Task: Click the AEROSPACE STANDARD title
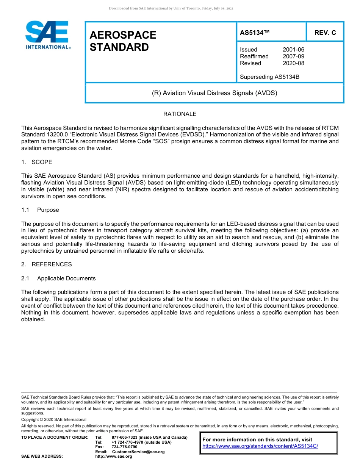coord(123,41)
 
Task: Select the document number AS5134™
coord(255,33)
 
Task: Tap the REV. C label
coord(325,33)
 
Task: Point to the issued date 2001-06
coord(293,50)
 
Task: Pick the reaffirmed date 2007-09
coord(293,56)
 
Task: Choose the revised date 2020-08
coord(293,63)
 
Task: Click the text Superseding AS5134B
coord(269,77)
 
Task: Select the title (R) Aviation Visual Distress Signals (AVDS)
coord(214,93)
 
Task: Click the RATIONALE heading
coord(180,114)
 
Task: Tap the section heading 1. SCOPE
coord(37,162)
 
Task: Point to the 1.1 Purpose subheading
coord(40,210)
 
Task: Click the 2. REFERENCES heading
coord(46,264)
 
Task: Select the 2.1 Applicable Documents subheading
coord(58,278)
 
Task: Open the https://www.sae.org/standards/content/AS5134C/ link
coord(260,446)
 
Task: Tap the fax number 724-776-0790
coord(124,447)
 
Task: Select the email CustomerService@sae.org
coord(138,452)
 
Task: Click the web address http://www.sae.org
coord(113,457)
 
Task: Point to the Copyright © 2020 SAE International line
coord(54,420)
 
